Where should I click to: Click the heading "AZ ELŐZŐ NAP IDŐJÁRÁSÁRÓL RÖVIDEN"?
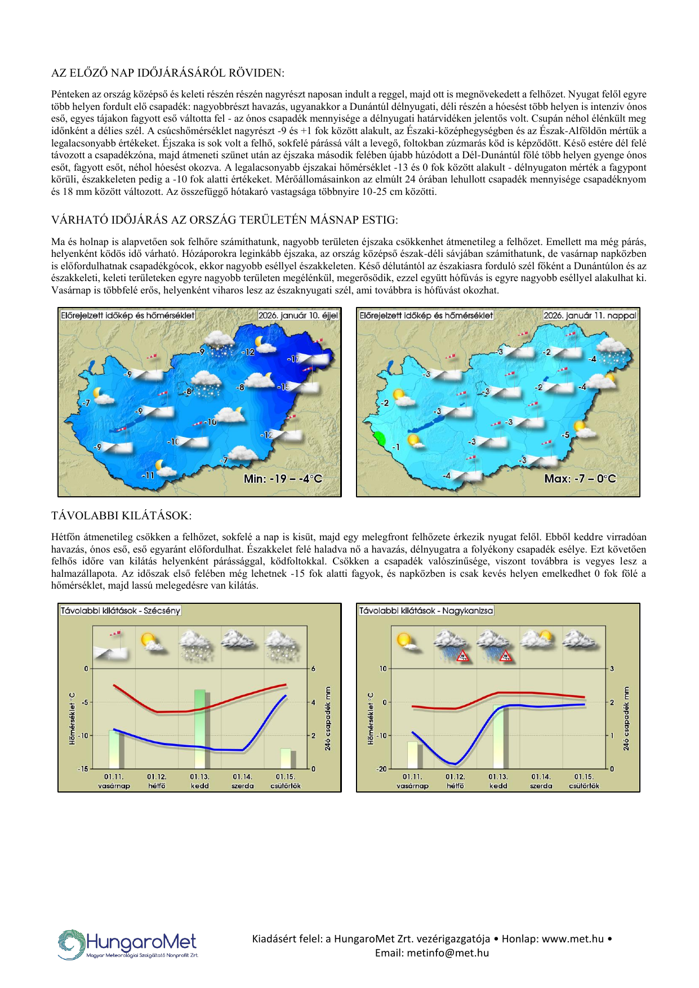click(168, 73)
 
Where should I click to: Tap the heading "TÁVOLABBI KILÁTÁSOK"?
click(121, 516)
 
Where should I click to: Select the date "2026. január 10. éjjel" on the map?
click(298, 315)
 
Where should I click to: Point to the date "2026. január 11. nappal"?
click(590, 315)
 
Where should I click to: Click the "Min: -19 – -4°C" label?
click(283, 479)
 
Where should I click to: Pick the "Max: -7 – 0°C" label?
click(580, 479)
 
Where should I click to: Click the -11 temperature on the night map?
click(148, 475)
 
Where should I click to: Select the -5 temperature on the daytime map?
click(566, 435)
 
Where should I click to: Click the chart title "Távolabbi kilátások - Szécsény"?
click(121, 611)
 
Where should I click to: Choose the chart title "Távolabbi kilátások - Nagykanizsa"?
click(426, 611)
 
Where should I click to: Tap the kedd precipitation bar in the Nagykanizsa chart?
click(498, 736)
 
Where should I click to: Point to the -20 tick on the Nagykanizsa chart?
click(382, 769)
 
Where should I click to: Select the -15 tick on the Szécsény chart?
click(83, 769)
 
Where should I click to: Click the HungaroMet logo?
click(128, 944)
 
